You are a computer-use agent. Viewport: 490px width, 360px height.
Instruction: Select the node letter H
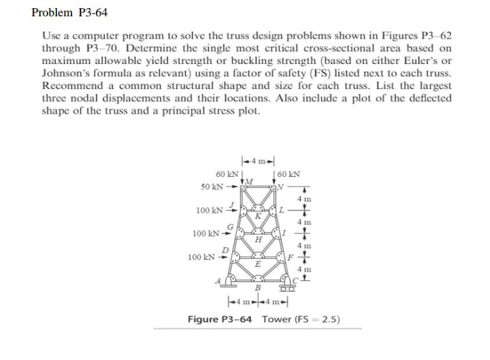click(258, 239)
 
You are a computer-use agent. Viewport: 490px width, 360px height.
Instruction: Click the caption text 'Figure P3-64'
click(218, 319)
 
